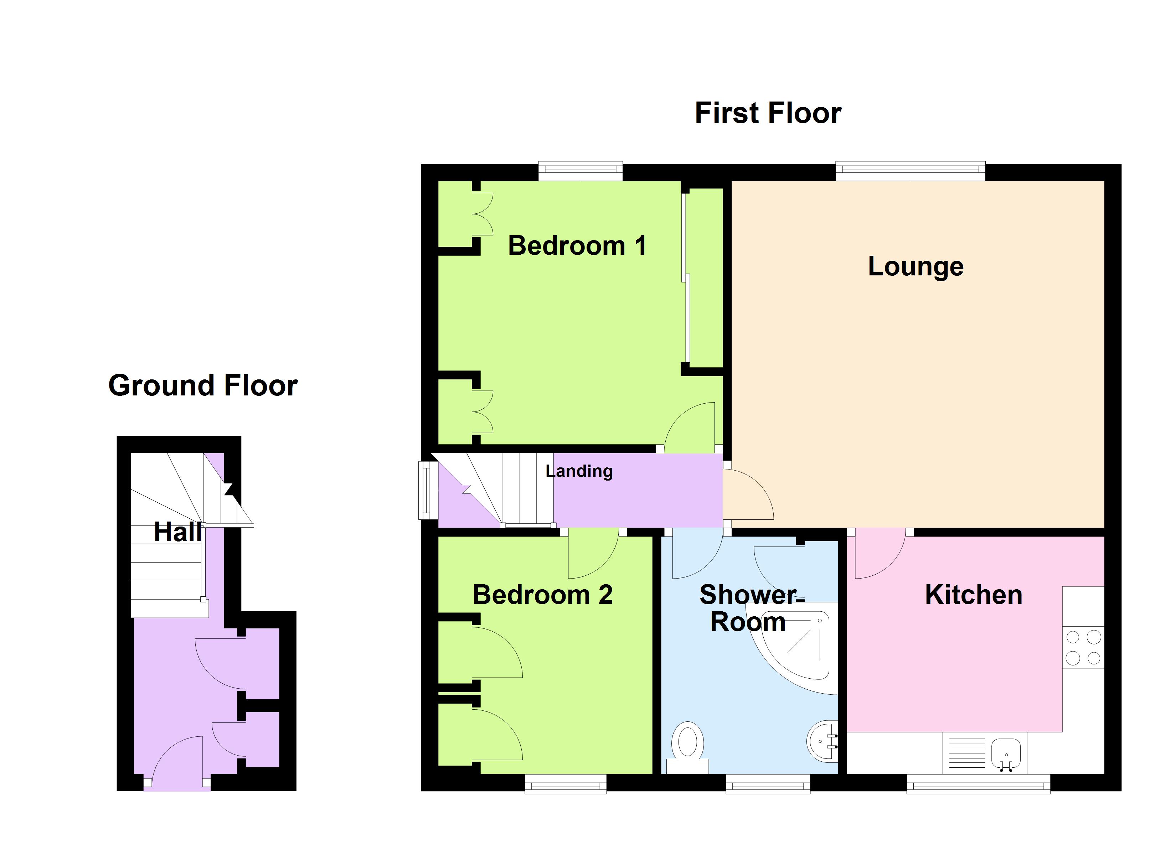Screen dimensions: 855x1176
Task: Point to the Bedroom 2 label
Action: pyautogui.click(x=542, y=595)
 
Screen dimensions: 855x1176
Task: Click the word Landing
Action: pyautogui.click(x=579, y=471)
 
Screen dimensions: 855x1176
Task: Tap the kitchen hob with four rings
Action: pyautogui.click(x=1083, y=648)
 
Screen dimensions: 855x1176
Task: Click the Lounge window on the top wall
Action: pyautogui.click(x=910, y=171)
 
